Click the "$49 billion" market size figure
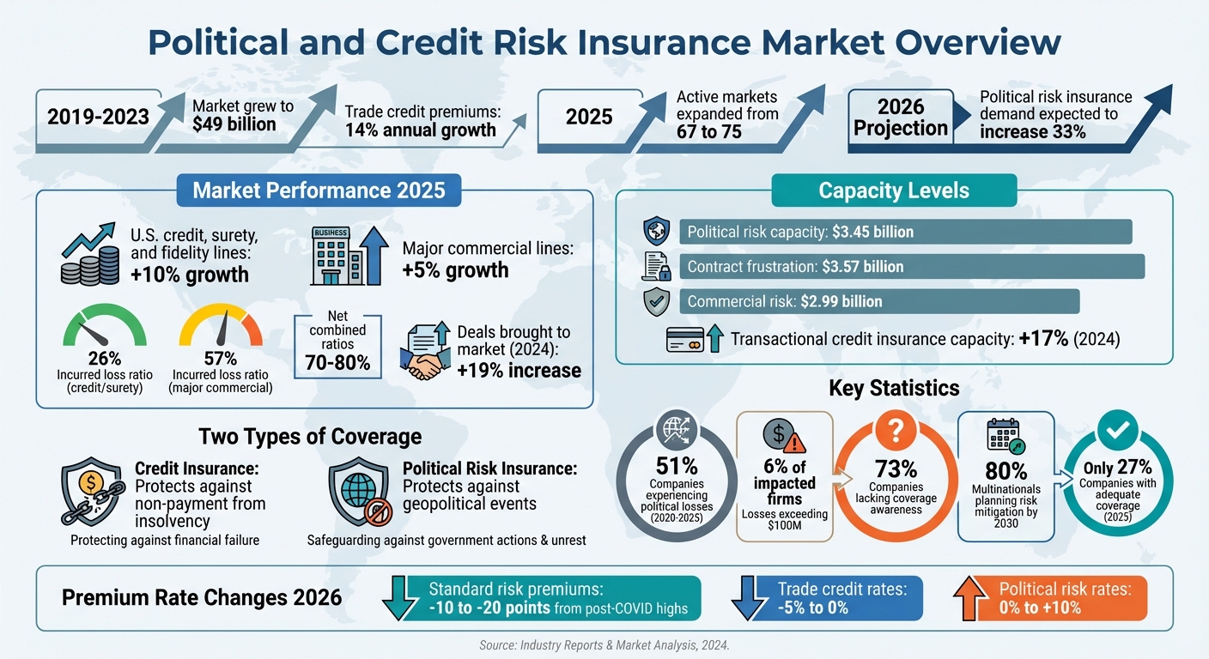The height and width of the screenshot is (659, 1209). pos(234,124)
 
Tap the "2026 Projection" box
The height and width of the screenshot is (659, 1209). pos(901,118)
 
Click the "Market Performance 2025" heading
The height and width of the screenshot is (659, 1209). pos(319,190)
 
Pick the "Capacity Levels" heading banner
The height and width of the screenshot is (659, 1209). pos(894,190)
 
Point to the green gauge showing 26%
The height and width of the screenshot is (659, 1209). pos(105,329)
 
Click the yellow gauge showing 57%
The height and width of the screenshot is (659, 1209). pos(220,329)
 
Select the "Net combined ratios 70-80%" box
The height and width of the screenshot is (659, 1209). pos(337,342)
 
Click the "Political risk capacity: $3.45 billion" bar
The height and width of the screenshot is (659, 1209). pos(905,232)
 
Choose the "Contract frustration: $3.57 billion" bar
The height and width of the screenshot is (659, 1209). pos(912,266)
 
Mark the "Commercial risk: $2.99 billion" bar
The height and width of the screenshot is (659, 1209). pos(878,301)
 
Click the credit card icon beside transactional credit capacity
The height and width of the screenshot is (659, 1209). pos(685,340)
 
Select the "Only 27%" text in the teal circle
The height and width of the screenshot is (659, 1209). pos(1116,467)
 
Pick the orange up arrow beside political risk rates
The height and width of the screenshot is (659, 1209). pos(970,598)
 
